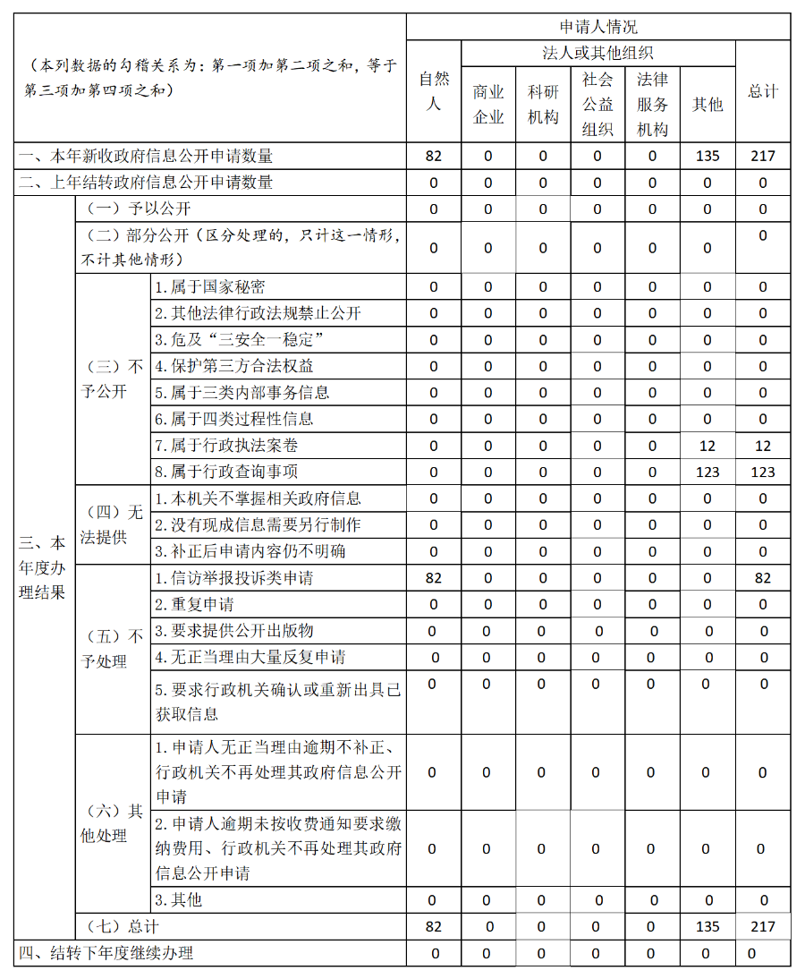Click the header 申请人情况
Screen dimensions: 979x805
coord(597,28)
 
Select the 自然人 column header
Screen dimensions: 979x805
coord(434,91)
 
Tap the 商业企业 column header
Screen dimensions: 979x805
coord(488,105)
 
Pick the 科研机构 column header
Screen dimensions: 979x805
coord(543,105)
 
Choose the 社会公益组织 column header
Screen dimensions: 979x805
coord(597,105)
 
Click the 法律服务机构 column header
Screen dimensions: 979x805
coord(652,105)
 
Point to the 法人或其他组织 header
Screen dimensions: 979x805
coord(597,54)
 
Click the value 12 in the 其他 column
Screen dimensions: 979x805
coord(708,446)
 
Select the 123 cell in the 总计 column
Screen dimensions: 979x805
coord(763,472)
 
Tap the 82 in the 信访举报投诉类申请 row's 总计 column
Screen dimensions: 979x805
coord(763,578)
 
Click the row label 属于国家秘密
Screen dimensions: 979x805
coord(210,287)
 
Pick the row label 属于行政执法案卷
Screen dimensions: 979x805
coord(226,446)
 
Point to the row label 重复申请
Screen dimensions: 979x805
coord(194,604)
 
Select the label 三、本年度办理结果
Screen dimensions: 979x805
coord(43,567)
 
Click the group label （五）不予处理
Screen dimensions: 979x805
coord(112,649)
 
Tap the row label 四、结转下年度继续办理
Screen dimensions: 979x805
coord(106,953)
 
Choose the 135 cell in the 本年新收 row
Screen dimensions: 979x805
coord(708,156)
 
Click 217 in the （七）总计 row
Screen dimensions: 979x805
coord(763,927)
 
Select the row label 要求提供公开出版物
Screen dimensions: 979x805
coord(234,631)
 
